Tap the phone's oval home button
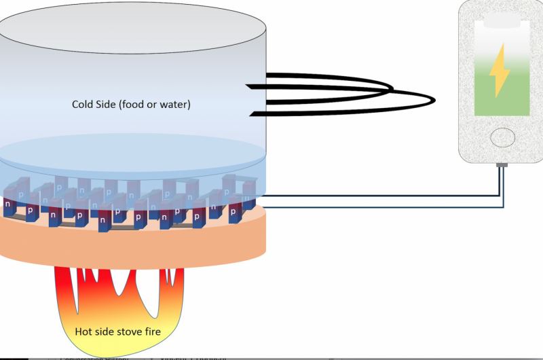tap(503, 137)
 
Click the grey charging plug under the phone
tap(502, 165)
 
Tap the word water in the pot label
tap(176, 105)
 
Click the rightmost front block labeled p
tap(233, 211)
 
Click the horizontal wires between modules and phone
tap(380, 202)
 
